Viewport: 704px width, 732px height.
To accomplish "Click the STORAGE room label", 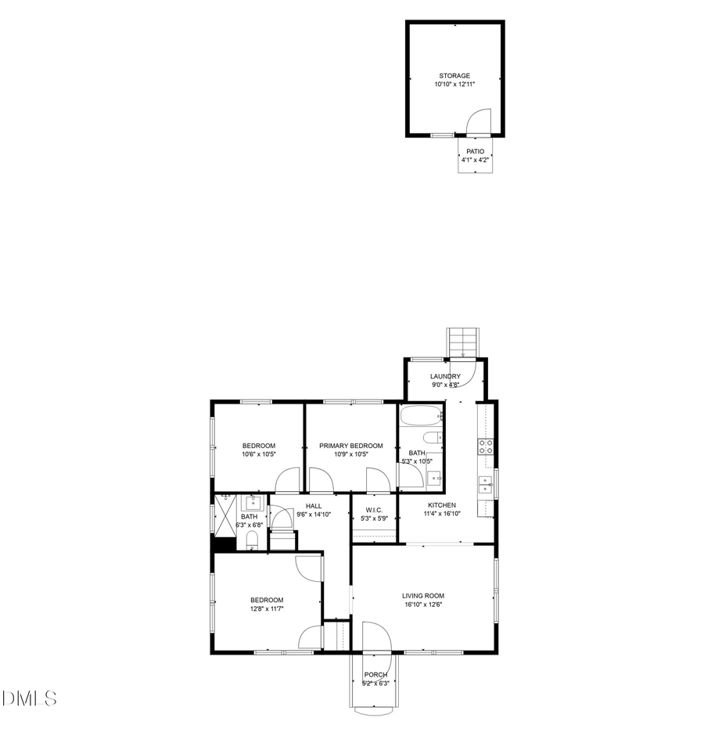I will pyautogui.click(x=454, y=76).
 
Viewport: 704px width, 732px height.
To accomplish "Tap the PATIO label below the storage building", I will pyautogui.click(x=475, y=152).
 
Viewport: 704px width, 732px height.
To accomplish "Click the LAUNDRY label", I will pyautogui.click(x=445, y=376).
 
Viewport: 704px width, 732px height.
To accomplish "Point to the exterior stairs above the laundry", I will pyautogui.click(x=462, y=343).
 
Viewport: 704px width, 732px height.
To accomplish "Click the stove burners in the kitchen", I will pyautogui.click(x=486, y=447).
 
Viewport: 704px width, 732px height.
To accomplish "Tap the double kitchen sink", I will pyautogui.click(x=486, y=484).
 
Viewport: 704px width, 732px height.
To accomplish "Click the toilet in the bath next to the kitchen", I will pyautogui.click(x=433, y=437).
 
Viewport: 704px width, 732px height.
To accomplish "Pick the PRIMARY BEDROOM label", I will pyautogui.click(x=350, y=445).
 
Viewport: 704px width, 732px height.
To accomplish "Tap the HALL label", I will pyautogui.click(x=314, y=505).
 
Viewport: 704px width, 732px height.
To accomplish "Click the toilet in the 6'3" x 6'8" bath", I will pyautogui.click(x=252, y=540).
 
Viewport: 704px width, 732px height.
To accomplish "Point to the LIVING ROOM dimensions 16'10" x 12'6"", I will pyautogui.click(x=423, y=604).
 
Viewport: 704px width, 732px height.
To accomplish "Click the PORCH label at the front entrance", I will pyautogui.click(x=375, y=674).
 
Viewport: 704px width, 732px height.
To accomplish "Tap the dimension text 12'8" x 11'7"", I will pyautogui.click(x=266, y=608).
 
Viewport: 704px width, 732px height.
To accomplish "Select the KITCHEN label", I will pyautogui.click(x=441, y=505).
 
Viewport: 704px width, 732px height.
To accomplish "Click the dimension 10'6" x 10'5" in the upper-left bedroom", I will pyautogui.click(x=257, y=454).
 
